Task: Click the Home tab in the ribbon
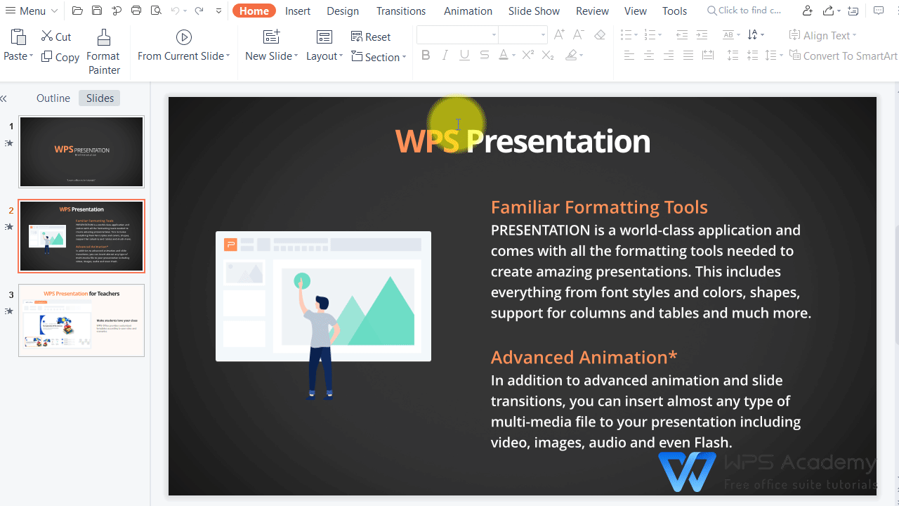pos(254,11)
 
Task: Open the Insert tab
pos(298,11)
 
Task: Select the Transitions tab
pos(400,11)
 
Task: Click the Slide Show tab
pos(534,11)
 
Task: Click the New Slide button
pos(271,45)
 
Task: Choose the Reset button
pos(371,37)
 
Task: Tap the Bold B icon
pos(425,56)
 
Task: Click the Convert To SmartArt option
pos(843,56)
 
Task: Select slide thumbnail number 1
pos(81,152)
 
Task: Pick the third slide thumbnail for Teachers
pos(81,320)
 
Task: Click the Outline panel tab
pos(53,98)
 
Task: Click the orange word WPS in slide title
pos(426,141)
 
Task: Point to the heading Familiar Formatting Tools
pos(598,207)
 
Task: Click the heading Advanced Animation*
pos(583,357)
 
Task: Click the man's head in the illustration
pos(322,304)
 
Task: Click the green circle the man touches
pos(302,281)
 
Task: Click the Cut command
pos(56,37)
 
